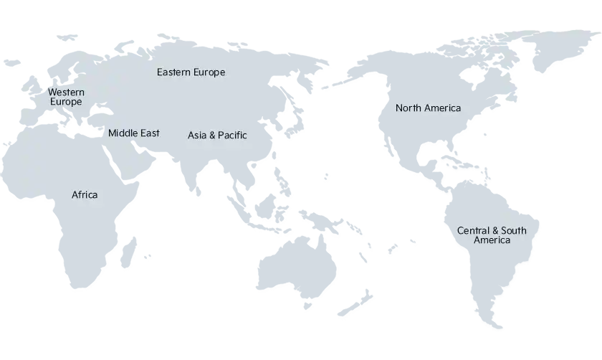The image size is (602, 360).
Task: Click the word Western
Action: pyautogui.click(x=66, y=92)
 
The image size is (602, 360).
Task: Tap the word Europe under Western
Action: pyautogui.click(x=66, y=102)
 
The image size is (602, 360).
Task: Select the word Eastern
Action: pyautogui.click(x=173, y=72)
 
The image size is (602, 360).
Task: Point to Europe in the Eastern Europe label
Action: pyautogui.click(x=209, y=72)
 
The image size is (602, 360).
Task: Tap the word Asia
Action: pyautogui.click(x=197, y=135)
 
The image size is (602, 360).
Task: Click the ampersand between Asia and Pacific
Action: pyautogui.click(x=212, y=135)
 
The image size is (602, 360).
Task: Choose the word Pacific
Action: pyautogui.click(x=232, y=135)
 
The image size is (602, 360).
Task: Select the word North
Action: pyautogui.click(x=408, y=108)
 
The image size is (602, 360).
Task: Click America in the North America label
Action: pyautogui.click(x=442, y=108)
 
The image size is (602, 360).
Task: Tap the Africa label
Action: pyautogui.click(x=85, y=194)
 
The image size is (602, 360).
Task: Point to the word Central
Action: pyautogui.click(x=472, y=230)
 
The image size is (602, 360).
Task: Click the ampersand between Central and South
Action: pyautogui.click(x=494, y=230)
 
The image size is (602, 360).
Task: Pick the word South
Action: pyautogui.click(x=514, y=230)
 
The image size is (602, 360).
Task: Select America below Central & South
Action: pyautogui.click(x=492, y=240)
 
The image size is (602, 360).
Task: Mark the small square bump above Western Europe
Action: pyautogui.click(x=75, y=32)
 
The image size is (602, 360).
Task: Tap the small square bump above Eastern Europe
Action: pyautogui.click(x=161, y=32)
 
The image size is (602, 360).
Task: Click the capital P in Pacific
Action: pyautogui.click(x=221, y=135)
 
